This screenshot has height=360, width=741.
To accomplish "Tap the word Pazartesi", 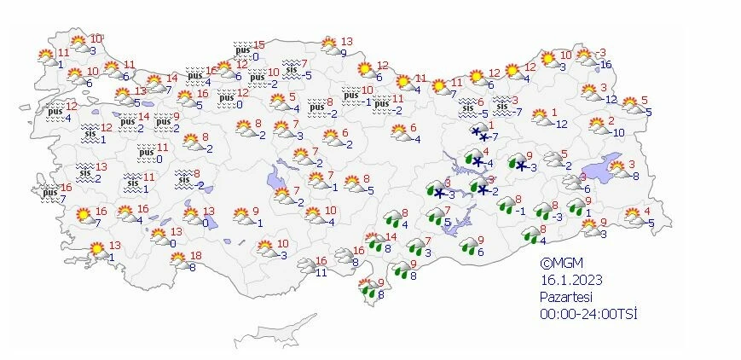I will (567, 297).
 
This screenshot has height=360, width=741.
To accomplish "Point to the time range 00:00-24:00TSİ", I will (588, 314).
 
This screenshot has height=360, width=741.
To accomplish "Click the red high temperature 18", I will (196, 256).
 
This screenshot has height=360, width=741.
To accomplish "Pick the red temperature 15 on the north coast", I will (259, 45).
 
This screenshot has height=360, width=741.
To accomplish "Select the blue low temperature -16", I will (605, 65).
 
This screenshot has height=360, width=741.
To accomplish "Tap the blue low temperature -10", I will (617, 132).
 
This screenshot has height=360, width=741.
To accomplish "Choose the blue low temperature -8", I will (635, 176).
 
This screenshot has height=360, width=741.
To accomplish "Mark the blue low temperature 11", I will (321, 272).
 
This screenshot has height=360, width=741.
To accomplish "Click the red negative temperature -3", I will (601, 52).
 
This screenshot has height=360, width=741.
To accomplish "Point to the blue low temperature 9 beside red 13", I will (343, 52).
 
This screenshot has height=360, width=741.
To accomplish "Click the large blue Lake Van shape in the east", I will (611, 165).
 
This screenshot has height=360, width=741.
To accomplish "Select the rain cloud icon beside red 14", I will (373, 241).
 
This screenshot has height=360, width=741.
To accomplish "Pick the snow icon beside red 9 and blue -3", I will (518, 162).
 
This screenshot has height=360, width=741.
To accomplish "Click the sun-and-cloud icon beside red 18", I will (179, 260).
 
